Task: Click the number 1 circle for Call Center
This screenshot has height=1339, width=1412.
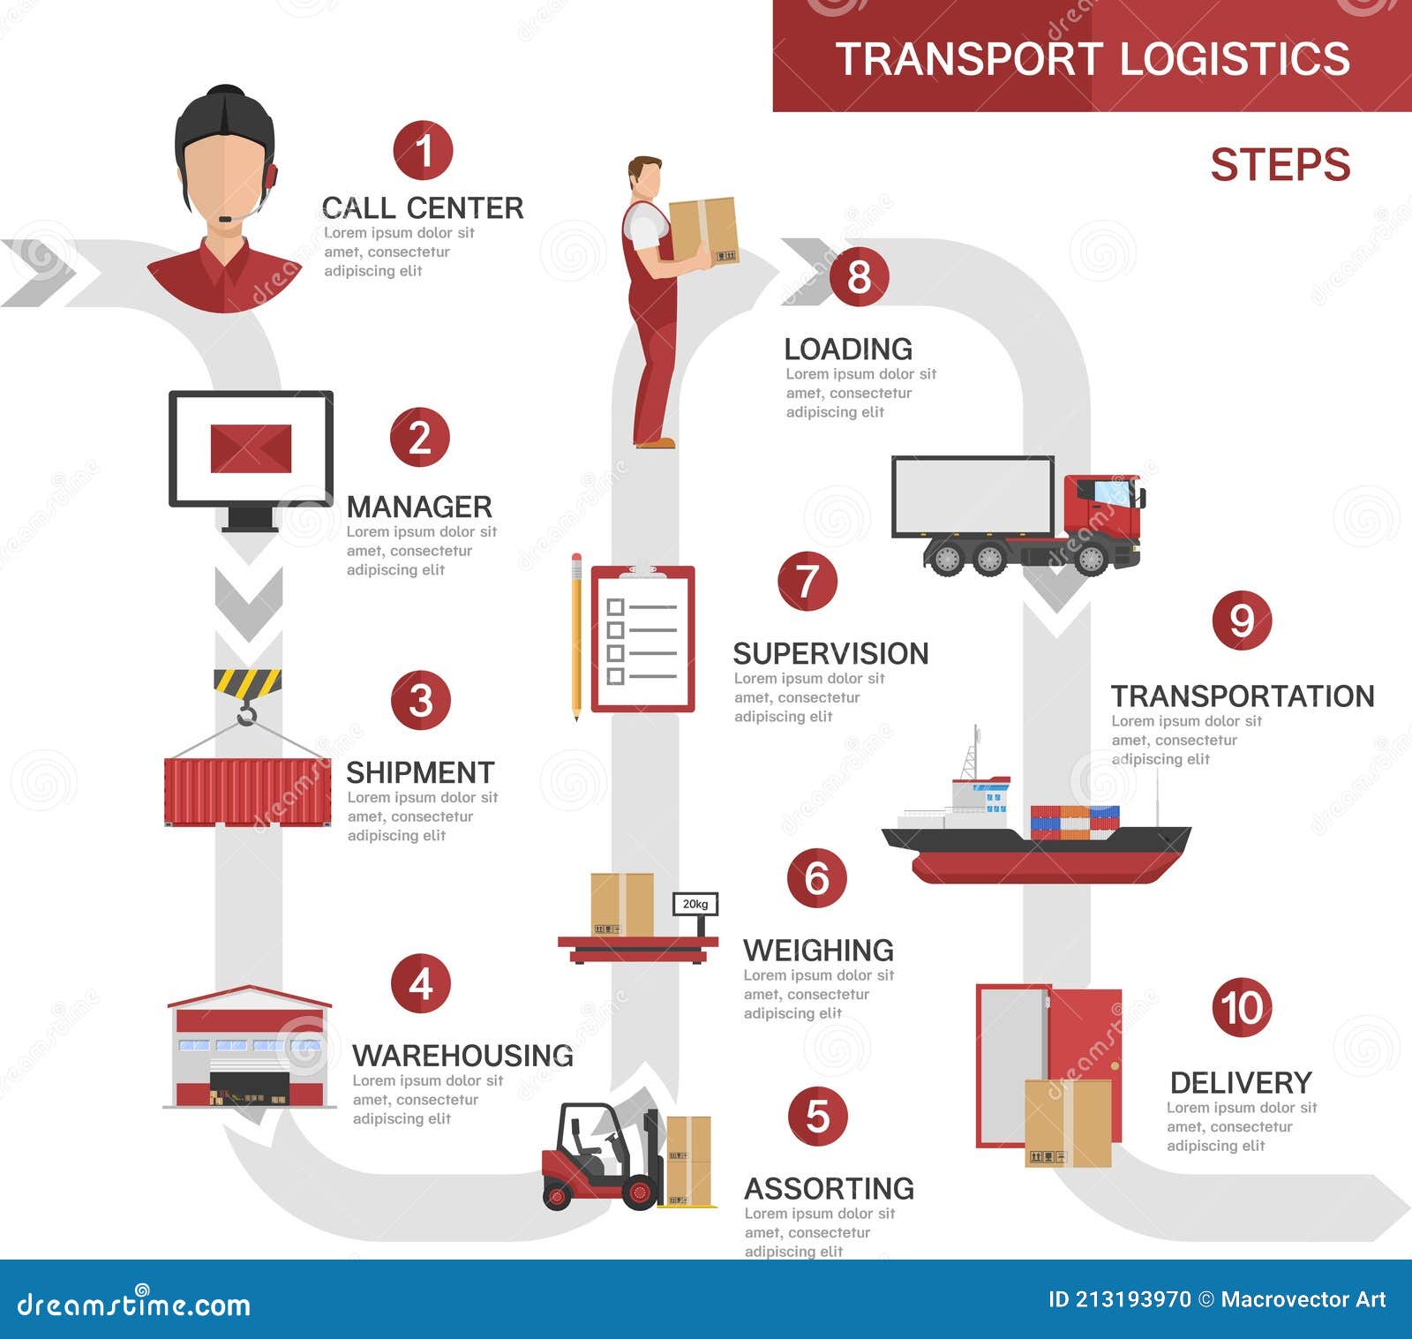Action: coord(423,150)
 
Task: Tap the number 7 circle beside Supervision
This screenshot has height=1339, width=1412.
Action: coord(807,581)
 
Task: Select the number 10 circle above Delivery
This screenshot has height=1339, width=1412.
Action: coord(1242,1007)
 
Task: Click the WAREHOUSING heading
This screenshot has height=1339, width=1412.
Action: coord(462,1056)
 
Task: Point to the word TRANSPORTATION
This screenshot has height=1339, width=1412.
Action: coord(1243,696)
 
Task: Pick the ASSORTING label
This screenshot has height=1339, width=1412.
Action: coord(829,1189)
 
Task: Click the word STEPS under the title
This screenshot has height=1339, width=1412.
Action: coord(1280,165)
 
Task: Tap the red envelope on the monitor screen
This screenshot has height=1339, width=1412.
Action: coord(251,448)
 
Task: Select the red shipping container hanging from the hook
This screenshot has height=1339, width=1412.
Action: coord(247,792)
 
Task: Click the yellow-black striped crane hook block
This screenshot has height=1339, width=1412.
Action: coord(247,683)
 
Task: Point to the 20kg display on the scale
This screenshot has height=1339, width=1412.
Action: coord(695,904)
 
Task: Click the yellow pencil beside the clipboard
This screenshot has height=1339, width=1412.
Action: coord(576,636)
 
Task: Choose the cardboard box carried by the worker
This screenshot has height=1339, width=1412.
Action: coord(703,229)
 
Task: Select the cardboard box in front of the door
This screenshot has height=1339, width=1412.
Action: coord(1067,1123)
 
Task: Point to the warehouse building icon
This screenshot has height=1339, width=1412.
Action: coord(250,1049)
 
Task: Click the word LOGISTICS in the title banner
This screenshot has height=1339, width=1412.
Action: coord(1235,59)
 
